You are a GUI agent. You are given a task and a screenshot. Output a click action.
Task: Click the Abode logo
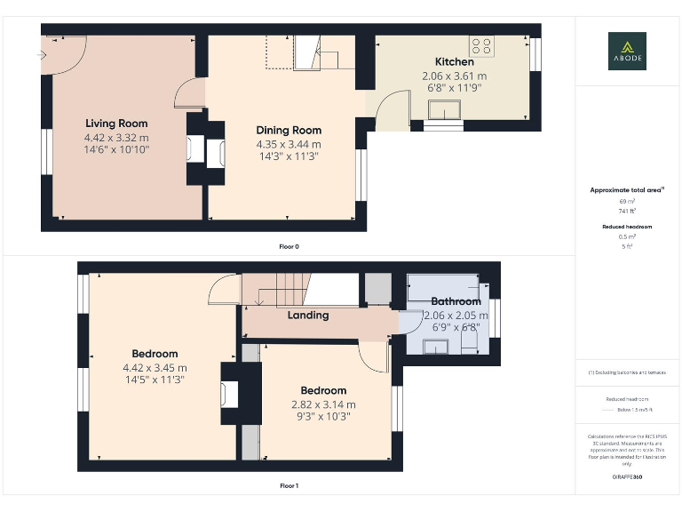coord(627,51)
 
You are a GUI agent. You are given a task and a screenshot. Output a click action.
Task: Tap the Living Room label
coord(116,124)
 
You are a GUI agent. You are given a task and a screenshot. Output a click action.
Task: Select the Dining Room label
coord(289,131)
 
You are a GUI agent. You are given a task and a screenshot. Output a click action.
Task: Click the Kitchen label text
coord(454,62)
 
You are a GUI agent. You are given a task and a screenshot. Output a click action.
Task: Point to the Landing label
coord(308,315)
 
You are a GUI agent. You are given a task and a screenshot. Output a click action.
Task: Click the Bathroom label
coord(456,301)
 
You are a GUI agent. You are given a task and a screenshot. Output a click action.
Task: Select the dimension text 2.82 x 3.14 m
coord(323,404)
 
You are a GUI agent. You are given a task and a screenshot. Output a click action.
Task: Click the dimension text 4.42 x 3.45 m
coord(155,367)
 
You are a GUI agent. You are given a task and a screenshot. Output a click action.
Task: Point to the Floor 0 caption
coord(289,246)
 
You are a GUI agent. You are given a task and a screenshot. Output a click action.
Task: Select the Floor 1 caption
coord(289,486)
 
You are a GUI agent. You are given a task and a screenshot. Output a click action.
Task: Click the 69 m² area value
coord(627,202)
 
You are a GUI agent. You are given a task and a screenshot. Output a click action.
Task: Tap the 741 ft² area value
coord(627,212)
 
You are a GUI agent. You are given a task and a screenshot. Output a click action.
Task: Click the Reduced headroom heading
coord(627,227)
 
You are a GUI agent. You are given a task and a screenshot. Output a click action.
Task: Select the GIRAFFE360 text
coord(627,478)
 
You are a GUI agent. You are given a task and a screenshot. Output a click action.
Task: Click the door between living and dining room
coord(190,93)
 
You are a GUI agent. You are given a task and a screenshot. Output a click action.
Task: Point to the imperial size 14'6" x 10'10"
coord(116,151)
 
